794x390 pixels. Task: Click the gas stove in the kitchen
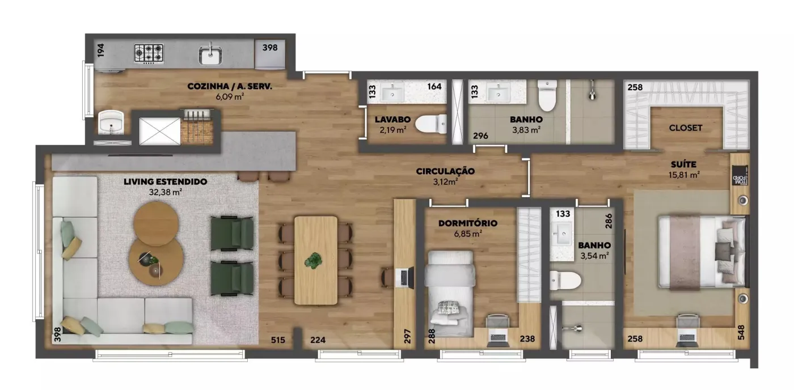coord(149,54)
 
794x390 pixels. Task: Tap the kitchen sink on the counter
coord(210,55)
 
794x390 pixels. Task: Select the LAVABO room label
coord(392,120)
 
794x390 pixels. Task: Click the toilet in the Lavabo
coord(432,124)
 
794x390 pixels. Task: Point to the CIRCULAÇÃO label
coord(445,171)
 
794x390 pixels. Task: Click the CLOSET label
coord(686,128)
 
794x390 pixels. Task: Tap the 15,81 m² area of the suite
coord(684,175)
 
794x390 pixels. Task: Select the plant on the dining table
coord(313,261)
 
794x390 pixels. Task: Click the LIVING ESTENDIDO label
coord(165,182)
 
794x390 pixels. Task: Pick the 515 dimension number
coord(278,340)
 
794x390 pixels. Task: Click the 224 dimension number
coord(318,340)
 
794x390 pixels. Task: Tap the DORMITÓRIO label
coord(468,223)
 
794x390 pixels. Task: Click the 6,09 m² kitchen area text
coord(230,96)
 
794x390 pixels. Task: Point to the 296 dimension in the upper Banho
coord(481,135)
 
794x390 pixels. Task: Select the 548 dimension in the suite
coord(741,332)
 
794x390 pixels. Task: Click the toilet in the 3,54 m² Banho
coord(565,281)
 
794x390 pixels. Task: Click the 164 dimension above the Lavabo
coord(434,86)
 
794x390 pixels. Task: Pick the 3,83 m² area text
coord(526,130)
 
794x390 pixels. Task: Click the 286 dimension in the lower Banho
coord(609,221)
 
